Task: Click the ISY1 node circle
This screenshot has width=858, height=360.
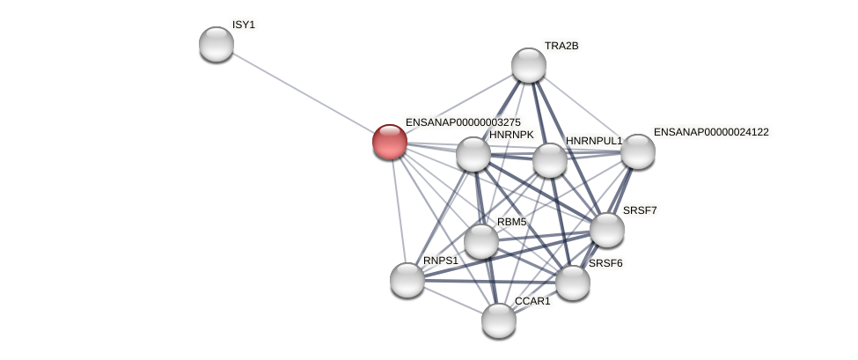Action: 216,44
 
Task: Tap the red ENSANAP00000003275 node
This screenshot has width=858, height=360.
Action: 389,142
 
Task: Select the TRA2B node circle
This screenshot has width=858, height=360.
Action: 528,65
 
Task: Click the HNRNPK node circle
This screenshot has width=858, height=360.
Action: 473,154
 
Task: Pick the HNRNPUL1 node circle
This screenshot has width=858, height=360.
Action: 550,160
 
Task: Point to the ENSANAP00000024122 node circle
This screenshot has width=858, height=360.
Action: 637,151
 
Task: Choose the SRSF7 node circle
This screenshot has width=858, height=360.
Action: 606,230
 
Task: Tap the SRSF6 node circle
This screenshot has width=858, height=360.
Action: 572,283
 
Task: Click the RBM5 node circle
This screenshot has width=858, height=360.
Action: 480,241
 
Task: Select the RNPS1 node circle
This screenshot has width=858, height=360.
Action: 407,280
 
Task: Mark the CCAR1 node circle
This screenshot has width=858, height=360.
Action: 498,320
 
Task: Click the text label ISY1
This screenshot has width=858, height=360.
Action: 243,25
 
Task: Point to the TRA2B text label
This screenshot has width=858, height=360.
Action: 561,46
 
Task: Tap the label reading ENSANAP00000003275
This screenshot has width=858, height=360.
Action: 463,122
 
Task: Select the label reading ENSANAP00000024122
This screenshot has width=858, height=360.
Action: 710,132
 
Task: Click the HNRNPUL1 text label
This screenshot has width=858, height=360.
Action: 593,141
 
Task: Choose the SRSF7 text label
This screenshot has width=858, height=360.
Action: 640,210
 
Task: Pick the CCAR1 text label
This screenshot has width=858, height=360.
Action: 532,301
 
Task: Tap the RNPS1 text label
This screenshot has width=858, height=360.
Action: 440,261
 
